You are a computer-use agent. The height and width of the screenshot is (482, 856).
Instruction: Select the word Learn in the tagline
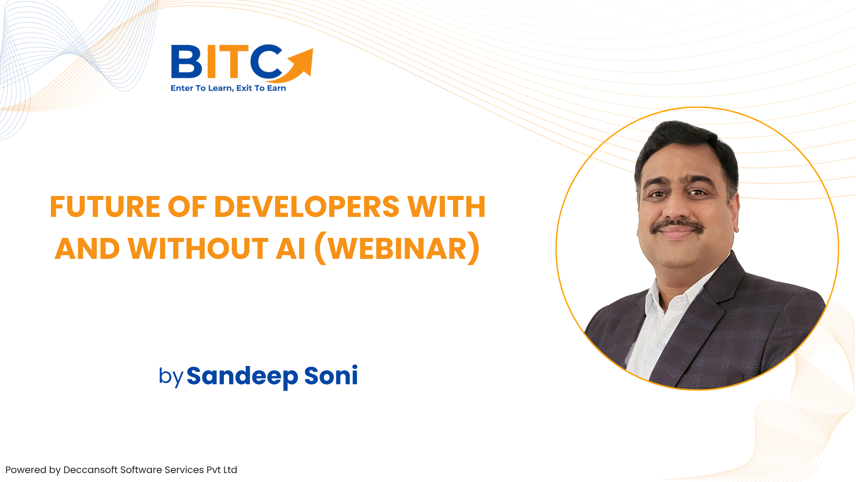(220, 88)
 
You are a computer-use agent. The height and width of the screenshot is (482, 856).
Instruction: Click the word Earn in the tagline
(276, 88)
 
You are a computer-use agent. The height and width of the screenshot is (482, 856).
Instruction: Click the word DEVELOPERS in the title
(307, 207)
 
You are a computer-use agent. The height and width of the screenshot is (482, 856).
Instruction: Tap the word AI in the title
(291, 249)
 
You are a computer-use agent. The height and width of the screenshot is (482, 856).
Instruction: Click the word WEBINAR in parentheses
(397, 249)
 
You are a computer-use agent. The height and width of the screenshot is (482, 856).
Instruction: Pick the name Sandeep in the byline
(242, 376)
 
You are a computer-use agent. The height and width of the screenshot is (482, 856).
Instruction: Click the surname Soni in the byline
(331, 376)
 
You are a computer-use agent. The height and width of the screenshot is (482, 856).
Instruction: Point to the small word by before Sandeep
(171, 377)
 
